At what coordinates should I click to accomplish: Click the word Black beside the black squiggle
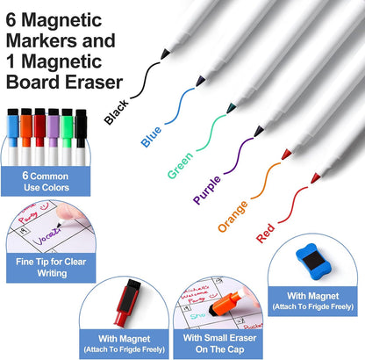(x=117, y=112)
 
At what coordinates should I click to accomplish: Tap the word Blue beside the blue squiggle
(x=151, y=137)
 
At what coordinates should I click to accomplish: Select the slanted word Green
(x=181, y=165)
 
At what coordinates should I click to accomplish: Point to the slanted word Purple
(x=207, y=190)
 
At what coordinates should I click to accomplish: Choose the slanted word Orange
(x=233, y=216)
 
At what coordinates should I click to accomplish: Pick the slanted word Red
(x=266, y=234)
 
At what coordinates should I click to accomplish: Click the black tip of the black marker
(x=165, y=54)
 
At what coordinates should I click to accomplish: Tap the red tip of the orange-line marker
(x=286, y=154)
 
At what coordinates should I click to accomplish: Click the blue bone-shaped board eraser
(x=313, y=261)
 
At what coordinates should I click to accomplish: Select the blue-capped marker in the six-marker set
(x=12, y=136)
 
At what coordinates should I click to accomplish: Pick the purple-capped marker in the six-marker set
(x=54, y=136)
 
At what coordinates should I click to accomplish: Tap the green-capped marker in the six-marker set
(x=67, y=136)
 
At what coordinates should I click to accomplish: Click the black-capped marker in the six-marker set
(x=81, y=136)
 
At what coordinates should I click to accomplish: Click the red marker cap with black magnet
(x=127, y=302)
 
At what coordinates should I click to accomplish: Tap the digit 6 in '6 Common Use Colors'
(x=25, y=176)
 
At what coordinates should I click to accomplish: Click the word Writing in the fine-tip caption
(x=52, y=273)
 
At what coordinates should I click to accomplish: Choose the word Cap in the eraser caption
(x=236, y=349)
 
